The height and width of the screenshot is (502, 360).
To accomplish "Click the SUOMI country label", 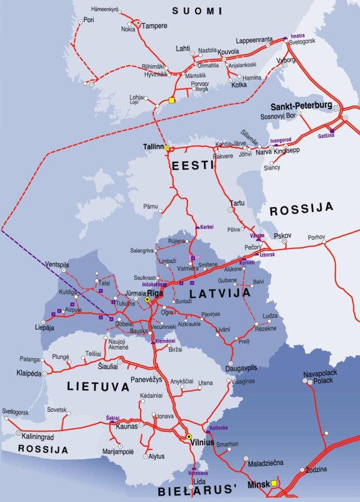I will pos(198,11).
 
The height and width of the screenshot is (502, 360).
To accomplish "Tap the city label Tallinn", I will pos(152,147).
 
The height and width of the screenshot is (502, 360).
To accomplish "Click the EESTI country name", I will pos(193,165).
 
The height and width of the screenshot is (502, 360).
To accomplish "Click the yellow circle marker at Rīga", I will pos(147,300).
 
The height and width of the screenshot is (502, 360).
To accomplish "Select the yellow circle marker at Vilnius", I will pos(189,436).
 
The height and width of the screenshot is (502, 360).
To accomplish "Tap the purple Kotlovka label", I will pos(218,427).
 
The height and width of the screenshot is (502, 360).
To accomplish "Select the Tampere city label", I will pos(154,26).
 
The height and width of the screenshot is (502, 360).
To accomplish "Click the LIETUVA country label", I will pos(85,388).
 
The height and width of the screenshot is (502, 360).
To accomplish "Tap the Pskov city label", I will pos(283,236).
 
